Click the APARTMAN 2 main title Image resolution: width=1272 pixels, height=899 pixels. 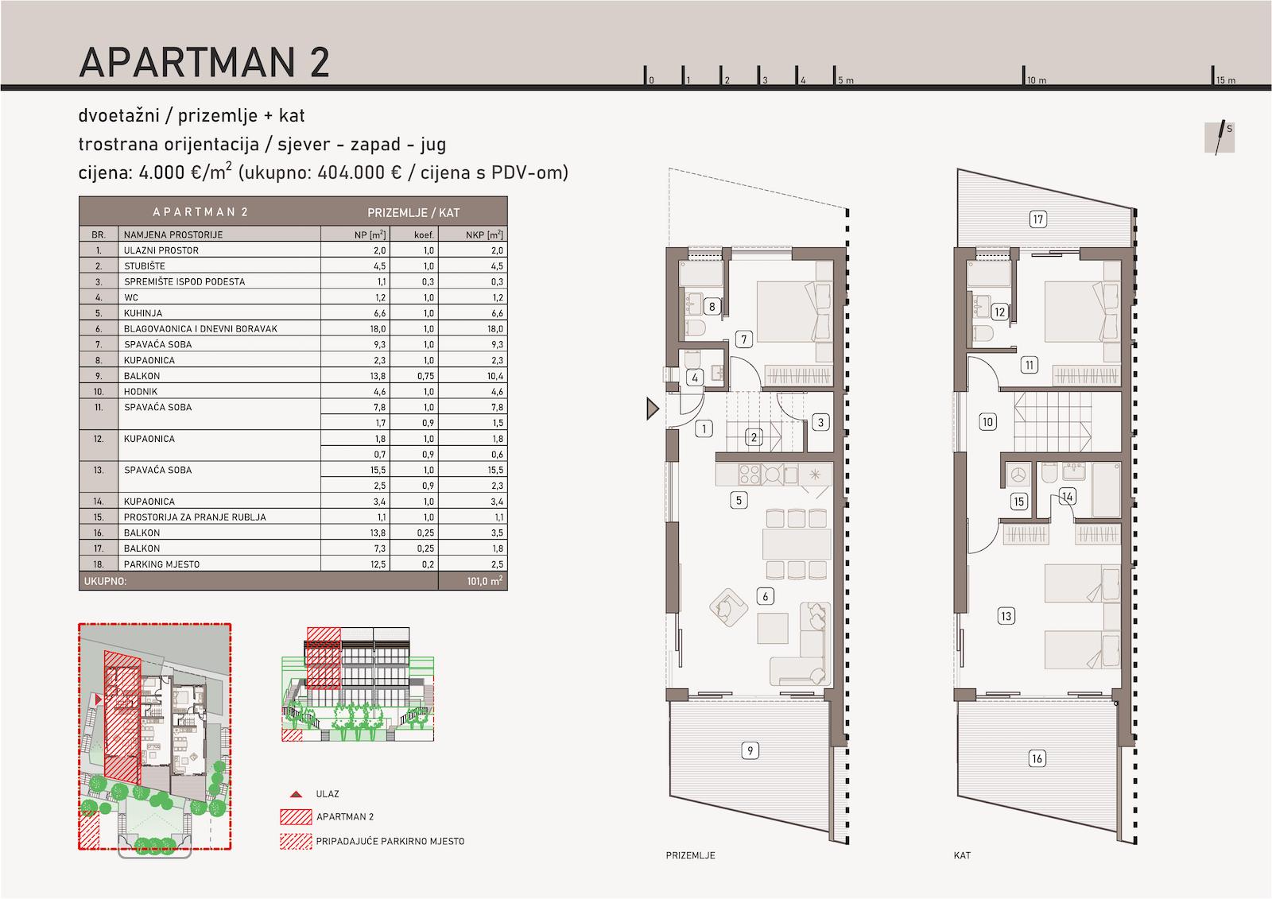pyautogui.click(x=204, y=62)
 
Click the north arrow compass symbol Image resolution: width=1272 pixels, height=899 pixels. pyautogui.click(x=1220, y=138)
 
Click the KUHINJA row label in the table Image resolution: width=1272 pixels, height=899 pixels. pyautogui.click(x=143, y=313)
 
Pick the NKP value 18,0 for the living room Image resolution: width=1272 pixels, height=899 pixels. pyautogui.click(x=494, y=329)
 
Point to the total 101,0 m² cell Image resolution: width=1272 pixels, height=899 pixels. pyautogui.click(x=485, y=581)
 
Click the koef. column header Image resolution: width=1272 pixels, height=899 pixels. pyautogui.click(x=424, y=234)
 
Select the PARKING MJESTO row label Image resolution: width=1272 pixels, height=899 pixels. pyautogui.click(x=162, y=564)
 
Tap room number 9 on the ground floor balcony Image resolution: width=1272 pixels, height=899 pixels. pyautogui.click(x=750, y=751)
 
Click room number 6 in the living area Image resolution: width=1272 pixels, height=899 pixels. pyautogui.click(x=765, y=596)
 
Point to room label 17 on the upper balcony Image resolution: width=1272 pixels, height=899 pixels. pyautogui.click(x=1038, y=219)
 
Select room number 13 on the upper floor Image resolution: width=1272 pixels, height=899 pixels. pyautogui.click(x=1006, y=616)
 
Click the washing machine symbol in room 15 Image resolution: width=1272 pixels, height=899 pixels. pyautogui.click(x=1018, y=475)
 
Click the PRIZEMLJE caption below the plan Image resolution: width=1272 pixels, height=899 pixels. pyautogui.click(x=691, y=855)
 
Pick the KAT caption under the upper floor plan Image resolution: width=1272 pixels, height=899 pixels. pyautogui.click(x=962, y=855)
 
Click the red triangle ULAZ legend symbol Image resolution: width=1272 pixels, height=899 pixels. pyautogui.click(x=296, y=794)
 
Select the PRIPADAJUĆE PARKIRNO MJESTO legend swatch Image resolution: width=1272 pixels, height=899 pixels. pyautogui.click(x=296, y=841)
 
